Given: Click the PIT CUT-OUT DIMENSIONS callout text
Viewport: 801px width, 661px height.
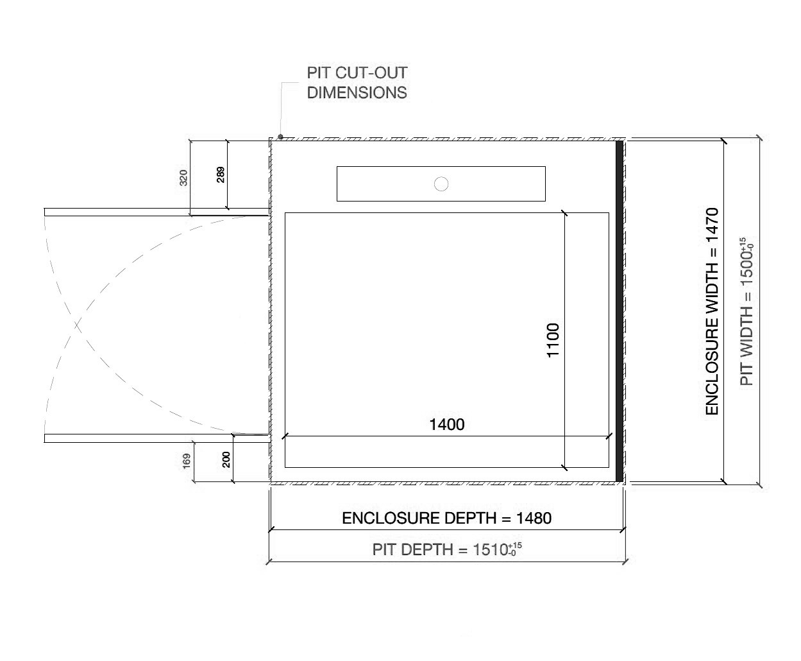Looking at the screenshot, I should click(357, 83).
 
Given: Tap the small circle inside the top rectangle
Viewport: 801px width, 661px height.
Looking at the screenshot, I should click(441, 184).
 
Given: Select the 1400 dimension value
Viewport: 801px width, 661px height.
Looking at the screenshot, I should click(446, 424).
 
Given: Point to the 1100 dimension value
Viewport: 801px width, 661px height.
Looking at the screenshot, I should click(553, 340).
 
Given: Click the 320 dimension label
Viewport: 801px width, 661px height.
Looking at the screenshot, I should click(184, 178).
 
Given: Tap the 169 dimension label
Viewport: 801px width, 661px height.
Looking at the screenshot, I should click(187, 460).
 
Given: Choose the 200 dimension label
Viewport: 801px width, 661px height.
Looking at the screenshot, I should click(226, 459).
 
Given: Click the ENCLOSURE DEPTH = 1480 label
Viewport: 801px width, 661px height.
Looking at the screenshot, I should click(446, 518).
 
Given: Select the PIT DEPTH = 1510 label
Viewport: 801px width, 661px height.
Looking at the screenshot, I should click(443, 550).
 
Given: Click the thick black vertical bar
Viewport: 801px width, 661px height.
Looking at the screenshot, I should click(619, 311).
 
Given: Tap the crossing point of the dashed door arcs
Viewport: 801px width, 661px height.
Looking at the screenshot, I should click(78, 325).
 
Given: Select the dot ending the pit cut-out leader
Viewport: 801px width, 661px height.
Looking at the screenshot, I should click(281, 136).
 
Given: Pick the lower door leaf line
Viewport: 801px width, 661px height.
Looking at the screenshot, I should click(154, 438).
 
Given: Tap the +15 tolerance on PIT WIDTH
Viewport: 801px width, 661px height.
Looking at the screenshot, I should click(742, 242).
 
